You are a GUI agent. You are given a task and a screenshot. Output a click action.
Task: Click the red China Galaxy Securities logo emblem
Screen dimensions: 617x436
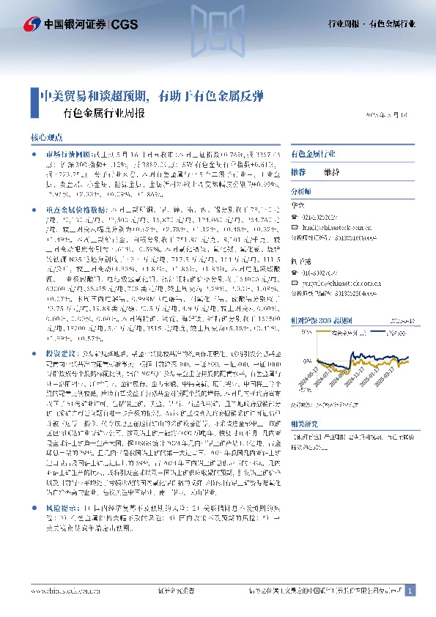point(32,24)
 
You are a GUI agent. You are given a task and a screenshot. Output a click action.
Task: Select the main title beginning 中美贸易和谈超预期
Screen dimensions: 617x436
point(151,96)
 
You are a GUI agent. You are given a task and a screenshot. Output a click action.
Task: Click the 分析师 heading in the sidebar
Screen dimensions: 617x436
point(303,191)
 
